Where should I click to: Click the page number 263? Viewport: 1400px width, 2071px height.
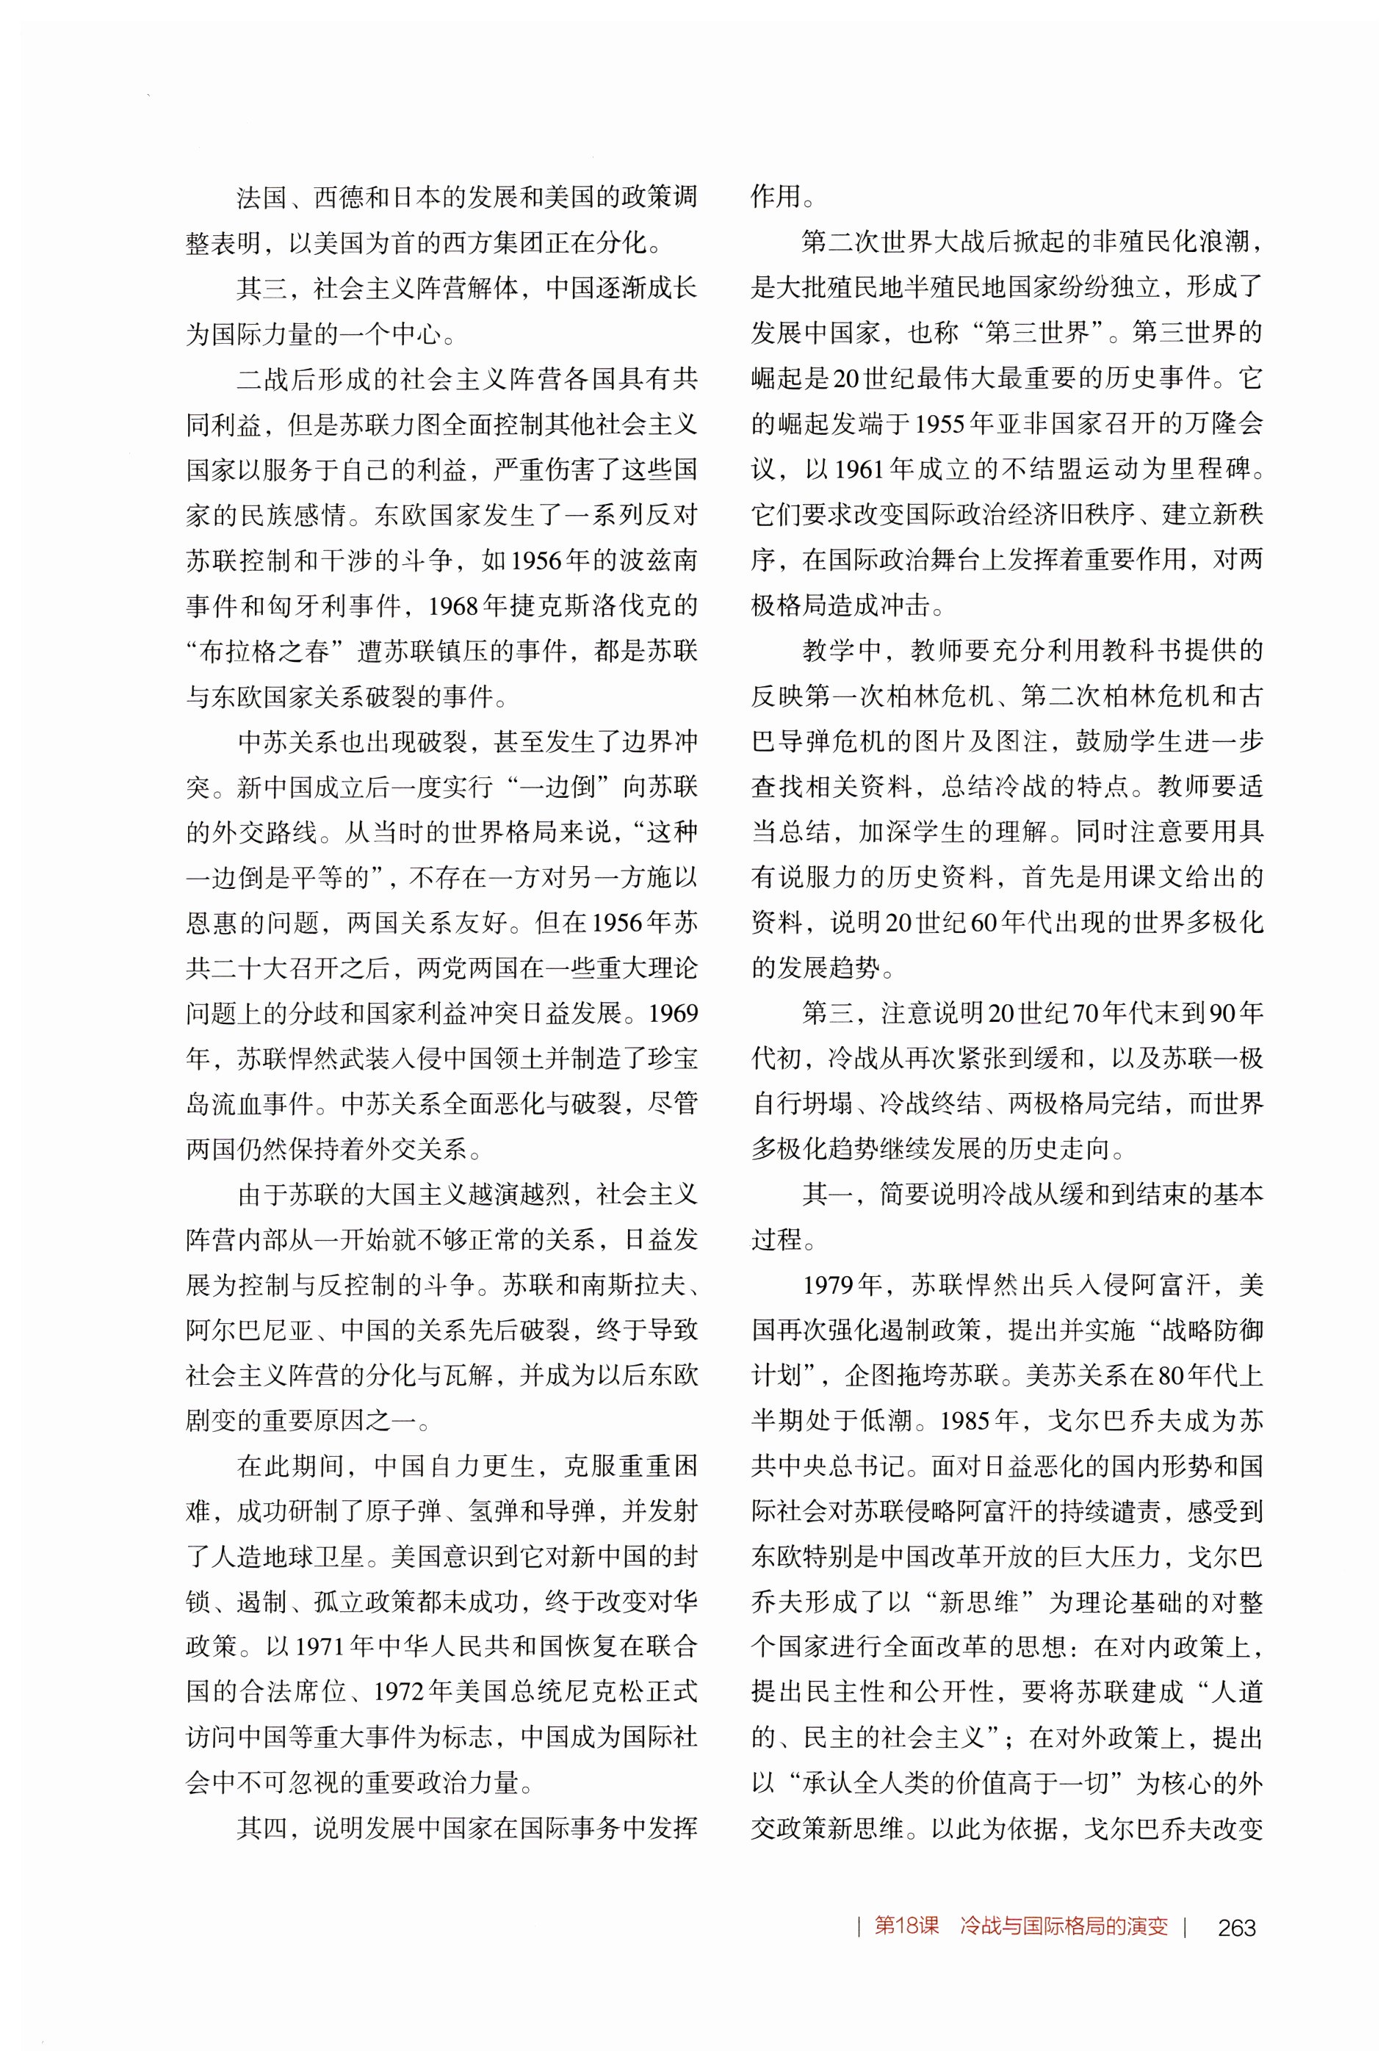tap(1236, 1926)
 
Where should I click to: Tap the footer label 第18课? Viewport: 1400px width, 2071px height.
tap(906, 1926)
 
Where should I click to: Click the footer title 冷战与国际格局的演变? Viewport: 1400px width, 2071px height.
tap(1063, 1926)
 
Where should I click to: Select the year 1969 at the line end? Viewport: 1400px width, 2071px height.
tap(674, 1013)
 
